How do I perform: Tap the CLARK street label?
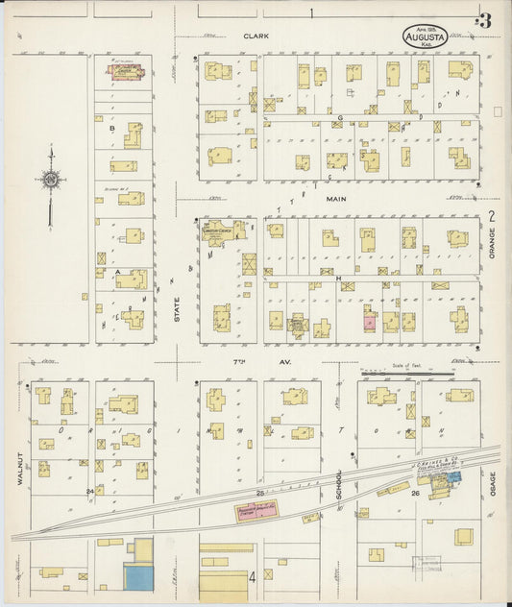click(255, 36)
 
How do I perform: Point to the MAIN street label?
click(335, 199)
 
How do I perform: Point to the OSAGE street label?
click(492, 483)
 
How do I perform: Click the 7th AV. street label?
click(240, 360)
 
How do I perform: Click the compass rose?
click(52, 178)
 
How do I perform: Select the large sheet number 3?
click(486, 18)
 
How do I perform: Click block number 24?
click(89, 492)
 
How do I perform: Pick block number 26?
click(415, 494)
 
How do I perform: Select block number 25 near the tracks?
click(259, 493)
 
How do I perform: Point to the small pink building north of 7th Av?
click(368, 322)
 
